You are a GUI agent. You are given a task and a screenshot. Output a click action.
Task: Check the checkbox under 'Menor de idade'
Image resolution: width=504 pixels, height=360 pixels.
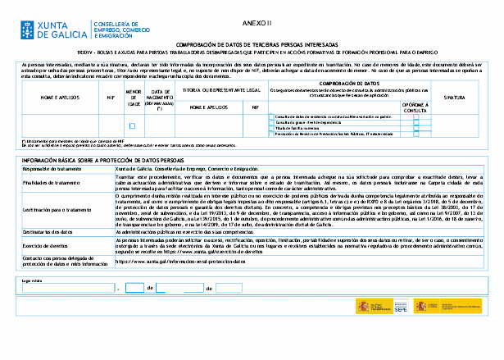coord(133,125)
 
